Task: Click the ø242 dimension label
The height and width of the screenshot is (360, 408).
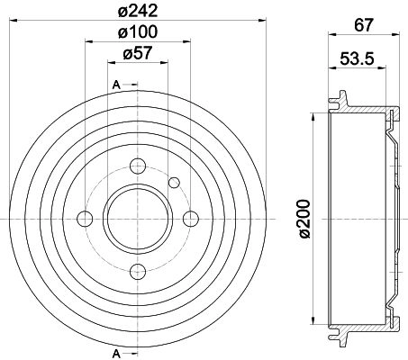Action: click(138, 11)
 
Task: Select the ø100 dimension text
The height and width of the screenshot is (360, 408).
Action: click(138, 31)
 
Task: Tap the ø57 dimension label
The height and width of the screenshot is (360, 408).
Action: click(138, 53)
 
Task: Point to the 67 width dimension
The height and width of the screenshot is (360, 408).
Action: click(364, 25)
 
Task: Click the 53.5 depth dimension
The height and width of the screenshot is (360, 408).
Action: click(358, 58)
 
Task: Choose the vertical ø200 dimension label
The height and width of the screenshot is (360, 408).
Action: click(305, 219)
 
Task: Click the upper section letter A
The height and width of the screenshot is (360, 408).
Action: click(116, 85)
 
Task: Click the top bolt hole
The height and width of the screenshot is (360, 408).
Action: click(138, 166)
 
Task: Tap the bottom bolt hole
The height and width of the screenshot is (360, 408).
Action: click(138, 272)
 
